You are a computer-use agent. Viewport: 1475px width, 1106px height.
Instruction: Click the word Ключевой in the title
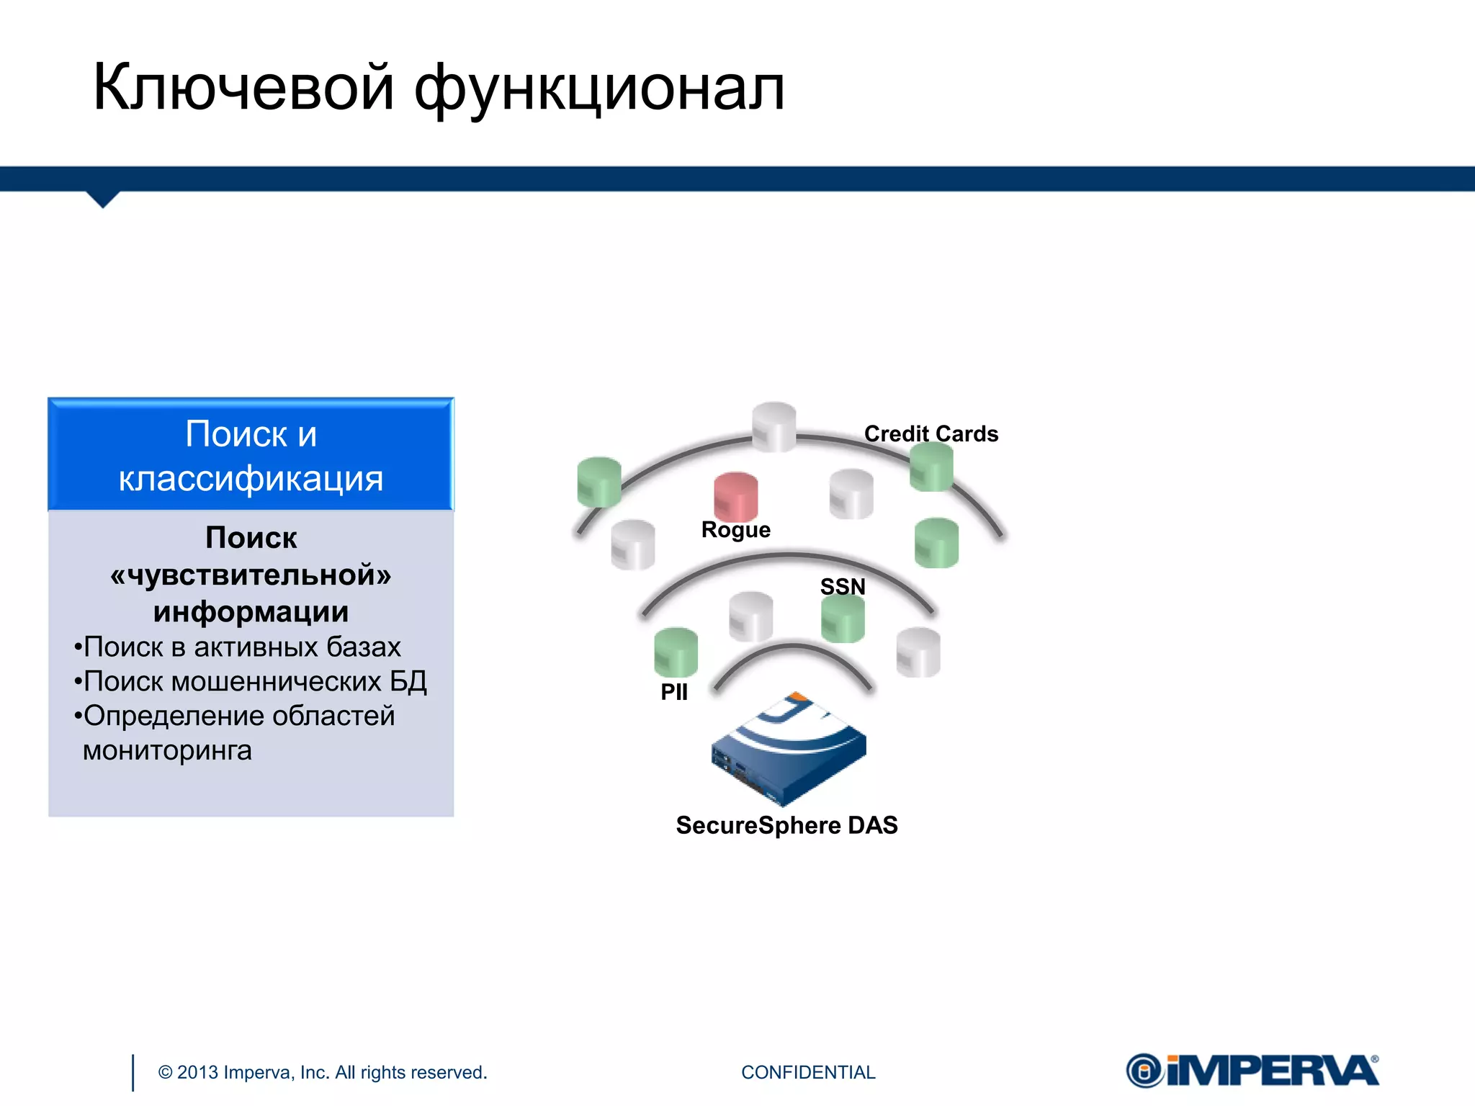[243, 88]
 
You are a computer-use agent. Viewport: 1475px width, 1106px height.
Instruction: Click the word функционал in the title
[599, 90]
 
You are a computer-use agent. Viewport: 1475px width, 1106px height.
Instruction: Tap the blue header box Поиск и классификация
[251, 455]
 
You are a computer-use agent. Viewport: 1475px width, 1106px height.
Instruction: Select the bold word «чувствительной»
[251, 575]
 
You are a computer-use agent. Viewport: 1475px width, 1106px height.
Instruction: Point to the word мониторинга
[167, 750]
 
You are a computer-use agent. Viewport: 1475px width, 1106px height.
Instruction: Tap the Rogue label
[735, 530]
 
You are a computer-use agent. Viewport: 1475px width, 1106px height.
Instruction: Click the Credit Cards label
[931, 433]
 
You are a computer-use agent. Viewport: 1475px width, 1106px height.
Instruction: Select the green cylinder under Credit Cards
[931, 467]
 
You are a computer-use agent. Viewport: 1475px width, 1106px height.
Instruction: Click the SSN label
[843, 586]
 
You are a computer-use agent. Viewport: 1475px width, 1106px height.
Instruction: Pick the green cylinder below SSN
[843, 619]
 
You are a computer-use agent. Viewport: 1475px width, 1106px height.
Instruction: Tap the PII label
[674, 692]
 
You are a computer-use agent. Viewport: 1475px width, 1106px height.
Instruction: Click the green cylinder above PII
[676, 652]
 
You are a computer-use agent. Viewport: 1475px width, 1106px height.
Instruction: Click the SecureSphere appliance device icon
[789, 752]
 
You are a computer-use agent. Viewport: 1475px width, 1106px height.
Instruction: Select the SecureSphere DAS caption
[786, 825]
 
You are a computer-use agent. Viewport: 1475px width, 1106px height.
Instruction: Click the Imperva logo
[1252, 1071]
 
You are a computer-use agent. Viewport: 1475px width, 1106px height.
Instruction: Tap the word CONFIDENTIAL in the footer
[808, 1072]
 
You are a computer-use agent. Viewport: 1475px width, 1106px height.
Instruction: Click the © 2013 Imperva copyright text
[323, 1072]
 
